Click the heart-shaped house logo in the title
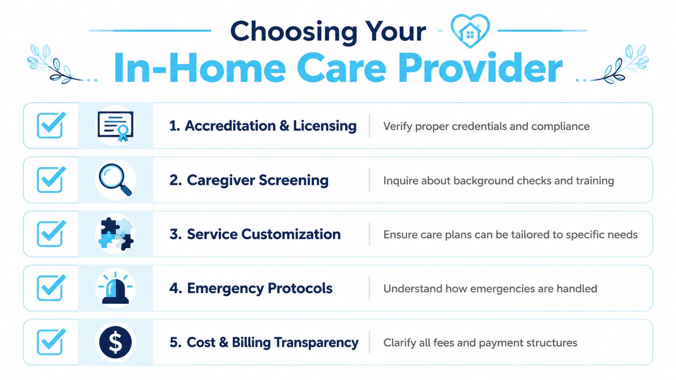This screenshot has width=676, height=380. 470,31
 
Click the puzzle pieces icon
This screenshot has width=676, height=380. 116,234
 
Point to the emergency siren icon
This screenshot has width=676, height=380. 115,288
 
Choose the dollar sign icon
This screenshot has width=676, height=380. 115,342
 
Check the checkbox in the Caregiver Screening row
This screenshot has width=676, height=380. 51,180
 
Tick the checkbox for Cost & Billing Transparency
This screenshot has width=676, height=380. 51,342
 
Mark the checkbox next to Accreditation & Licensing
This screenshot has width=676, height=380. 51,125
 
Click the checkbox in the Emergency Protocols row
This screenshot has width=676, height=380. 51,288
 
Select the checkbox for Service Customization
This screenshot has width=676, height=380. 51,234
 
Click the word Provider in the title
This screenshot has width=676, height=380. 480,67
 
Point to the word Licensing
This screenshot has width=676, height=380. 325,126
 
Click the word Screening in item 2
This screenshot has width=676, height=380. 294,181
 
